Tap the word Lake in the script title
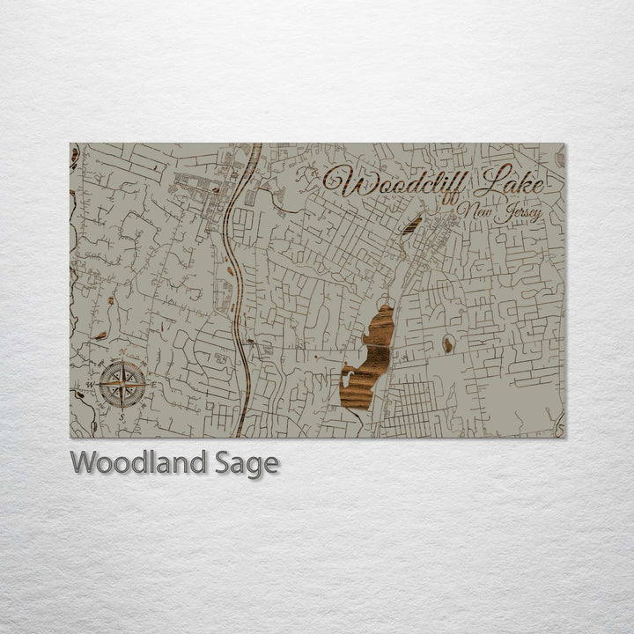(x=510, y=181)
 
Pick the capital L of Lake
(x=486, y=181)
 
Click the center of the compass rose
(x=122, y=385)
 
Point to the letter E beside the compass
(x=152, y=385)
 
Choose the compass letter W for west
(x=89, y=385)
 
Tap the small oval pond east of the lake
(x=448, y=344)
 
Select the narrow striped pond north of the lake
(x=411, y=225)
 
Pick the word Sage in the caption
(x=244, y=462)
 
